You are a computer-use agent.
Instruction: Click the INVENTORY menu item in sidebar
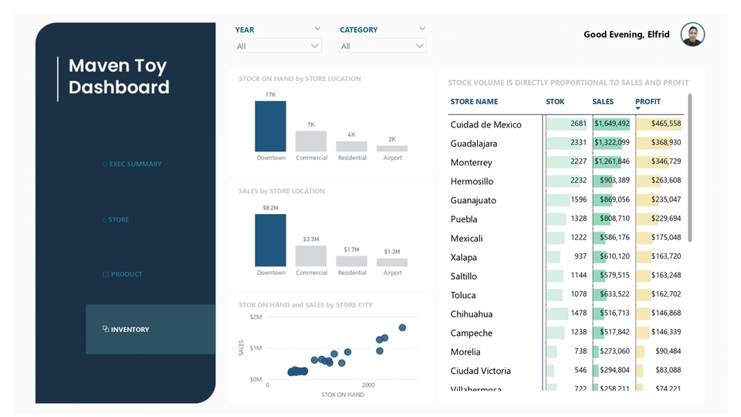pos(130,330)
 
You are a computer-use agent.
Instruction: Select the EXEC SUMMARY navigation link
pos(135,164)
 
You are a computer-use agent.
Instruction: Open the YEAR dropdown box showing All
pos(277,46)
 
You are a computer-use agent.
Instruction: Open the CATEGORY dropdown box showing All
pos(382,46)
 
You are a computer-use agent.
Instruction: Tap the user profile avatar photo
pos(692,35)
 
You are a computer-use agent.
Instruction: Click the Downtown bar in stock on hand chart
pos(270,127)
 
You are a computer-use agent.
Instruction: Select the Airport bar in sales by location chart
pos(392,263)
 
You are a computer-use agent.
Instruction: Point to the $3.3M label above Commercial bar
pos(311,239)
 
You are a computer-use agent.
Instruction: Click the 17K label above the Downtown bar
pos(270,95)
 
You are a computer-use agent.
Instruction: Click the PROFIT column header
pos(648,102)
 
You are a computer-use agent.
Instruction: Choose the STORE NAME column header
pos(474,102)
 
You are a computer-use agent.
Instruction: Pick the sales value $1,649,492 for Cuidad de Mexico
pos(611,124)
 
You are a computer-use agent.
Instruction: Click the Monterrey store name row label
pos(471,162)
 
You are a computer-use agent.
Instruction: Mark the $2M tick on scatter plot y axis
pos(255,317)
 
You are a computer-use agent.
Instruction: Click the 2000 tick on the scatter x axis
pos(368,385)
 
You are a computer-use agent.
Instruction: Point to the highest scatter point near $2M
pos(402,327)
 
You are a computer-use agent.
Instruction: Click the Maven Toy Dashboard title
pos(119,76)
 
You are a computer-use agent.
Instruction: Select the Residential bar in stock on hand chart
pos(351,146)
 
